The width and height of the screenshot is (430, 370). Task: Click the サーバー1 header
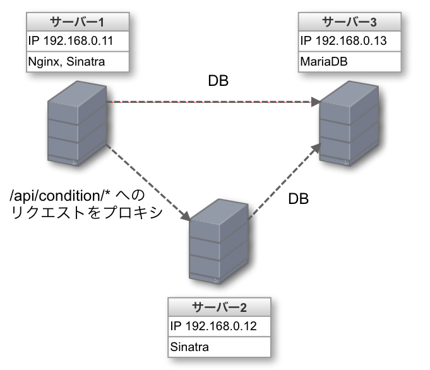(78, 22)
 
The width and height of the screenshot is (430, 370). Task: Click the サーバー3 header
(349, 22)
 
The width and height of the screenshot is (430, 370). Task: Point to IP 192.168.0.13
(342, 42)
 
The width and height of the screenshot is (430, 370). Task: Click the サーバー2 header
(220, 307)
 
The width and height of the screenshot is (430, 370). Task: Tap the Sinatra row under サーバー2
(189, 347)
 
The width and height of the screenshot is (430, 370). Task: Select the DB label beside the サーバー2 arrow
(298, 199)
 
